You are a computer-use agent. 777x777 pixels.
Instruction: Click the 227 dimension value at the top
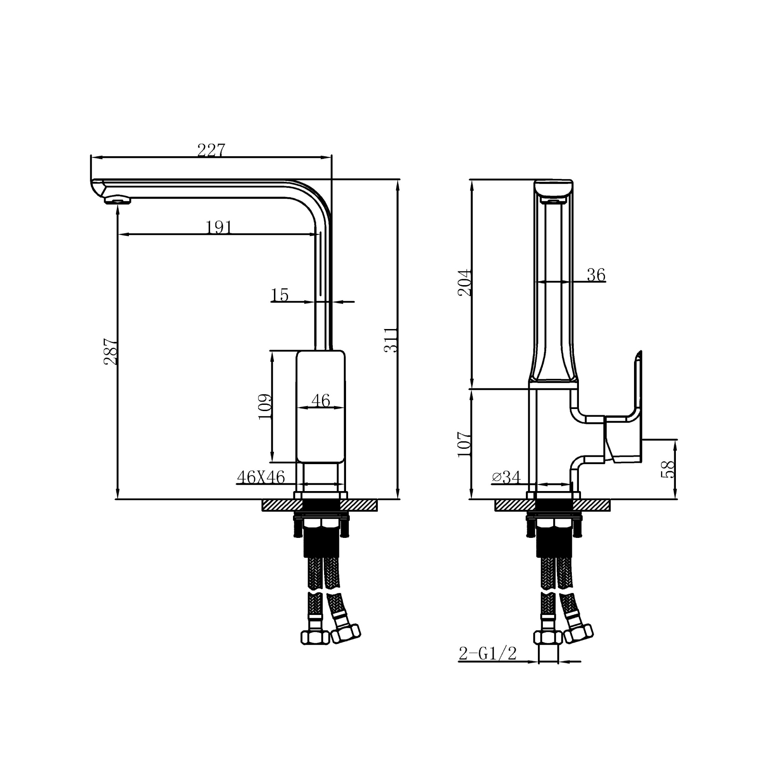coord(211,150)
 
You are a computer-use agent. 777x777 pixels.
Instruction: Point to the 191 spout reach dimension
coord(219,227)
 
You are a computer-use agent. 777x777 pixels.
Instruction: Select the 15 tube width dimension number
coord(280,295)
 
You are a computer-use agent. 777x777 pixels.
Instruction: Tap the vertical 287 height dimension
coord(111,351)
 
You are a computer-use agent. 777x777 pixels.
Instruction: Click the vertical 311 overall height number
coord(390,340)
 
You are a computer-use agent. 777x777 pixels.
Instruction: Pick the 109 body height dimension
coord(265,407)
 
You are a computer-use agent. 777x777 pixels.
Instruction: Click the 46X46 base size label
coord(261,477)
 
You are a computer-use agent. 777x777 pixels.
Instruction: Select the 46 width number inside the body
coord(321,400)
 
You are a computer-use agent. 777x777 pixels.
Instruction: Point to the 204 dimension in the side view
coord(465,283)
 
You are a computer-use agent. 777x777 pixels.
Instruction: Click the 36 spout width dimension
coord(596,275)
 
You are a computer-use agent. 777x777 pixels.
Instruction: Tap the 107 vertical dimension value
coord(465,444)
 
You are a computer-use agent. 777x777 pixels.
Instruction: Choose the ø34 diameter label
coord(506,477)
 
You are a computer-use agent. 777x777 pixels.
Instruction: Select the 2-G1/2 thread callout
coord(488,654)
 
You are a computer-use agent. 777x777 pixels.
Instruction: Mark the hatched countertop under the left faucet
coord(278,505)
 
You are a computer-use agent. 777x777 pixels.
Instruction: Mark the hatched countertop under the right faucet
coord(510,505)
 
